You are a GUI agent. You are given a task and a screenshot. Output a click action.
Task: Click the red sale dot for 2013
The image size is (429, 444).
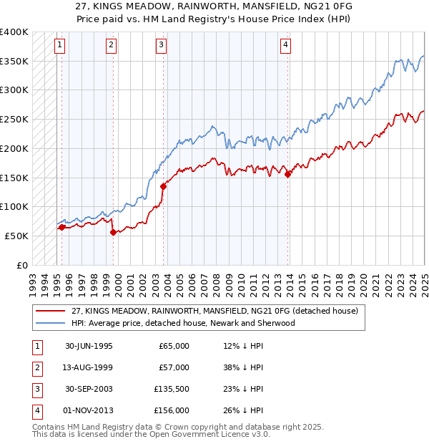click(288, 173)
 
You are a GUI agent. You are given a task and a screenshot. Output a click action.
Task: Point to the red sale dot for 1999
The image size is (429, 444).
click(113, 231)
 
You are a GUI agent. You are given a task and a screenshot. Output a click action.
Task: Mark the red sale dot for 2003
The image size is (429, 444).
click(164, 185)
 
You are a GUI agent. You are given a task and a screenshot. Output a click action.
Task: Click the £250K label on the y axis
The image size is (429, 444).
click(14, 119)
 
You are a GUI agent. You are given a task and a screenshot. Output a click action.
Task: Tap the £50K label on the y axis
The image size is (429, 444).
click(16, 236)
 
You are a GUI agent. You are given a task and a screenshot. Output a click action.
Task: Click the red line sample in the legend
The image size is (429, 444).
click(51, 311)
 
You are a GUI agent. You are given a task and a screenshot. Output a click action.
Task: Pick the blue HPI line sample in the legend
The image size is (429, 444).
click(51, 323)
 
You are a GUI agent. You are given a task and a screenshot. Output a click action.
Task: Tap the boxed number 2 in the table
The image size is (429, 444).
click(36, 367)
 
